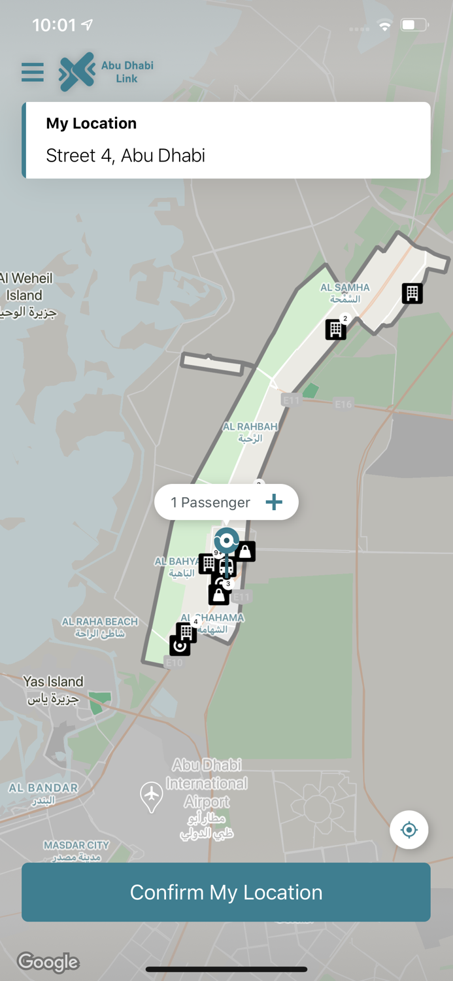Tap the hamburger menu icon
coord(33,72)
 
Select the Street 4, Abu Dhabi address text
coord(126,156)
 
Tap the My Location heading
coord(92,124)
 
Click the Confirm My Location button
coord(226,892)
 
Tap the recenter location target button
coord(409,830)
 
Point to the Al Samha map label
coord(344,293)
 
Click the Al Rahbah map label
coord(250,432)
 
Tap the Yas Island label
coord(53,689)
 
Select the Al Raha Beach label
coord(100,627)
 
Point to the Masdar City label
coord(76,850)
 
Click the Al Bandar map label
coord(43,793)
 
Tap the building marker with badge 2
coord(336,329)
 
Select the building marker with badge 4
coord(186,632)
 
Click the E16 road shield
coord(343,404)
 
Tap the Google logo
coord(48,962)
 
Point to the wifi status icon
coord(385,26)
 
